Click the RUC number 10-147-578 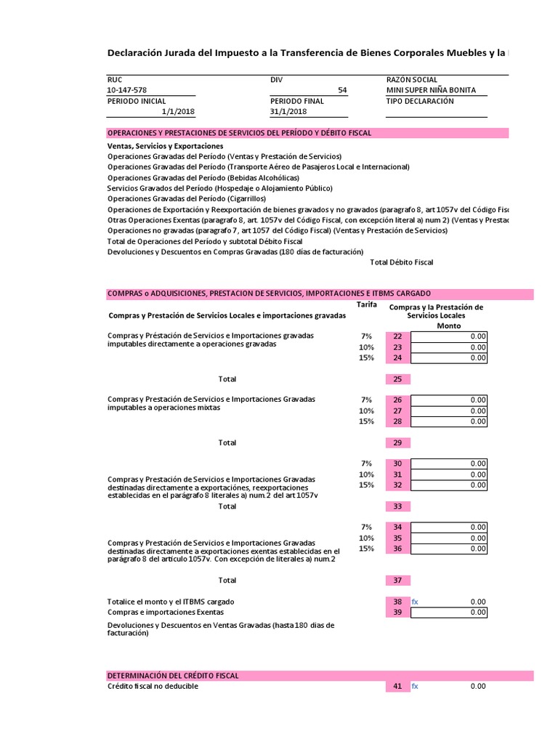coord(126,90)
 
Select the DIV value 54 coord(342,90)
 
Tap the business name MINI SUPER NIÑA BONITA coord(431,90)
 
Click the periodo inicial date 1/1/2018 coord(178,112)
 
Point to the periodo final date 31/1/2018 coord(288,112)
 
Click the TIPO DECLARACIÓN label coord(420,101)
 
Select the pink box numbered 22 coord(397,336)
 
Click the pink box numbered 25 coord(397,379)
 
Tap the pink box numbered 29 coord(397,442)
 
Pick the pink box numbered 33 coord(397,506)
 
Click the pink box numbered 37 coord(397,581)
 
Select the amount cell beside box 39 coord(449,612)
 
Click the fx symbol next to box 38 coord(415,602)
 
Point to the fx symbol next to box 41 coord(415,686)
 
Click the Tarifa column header coord(367,305)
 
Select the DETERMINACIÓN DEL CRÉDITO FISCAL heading coord(173,676)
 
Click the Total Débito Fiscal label coord(401,262)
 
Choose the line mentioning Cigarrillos coord(187,198)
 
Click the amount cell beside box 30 coord(449,464)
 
